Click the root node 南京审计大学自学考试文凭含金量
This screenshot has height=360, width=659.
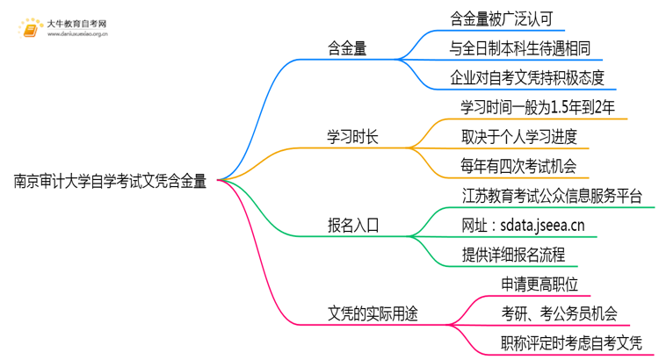(x=111, y=183)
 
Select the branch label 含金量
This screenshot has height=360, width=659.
(x=347, y=50)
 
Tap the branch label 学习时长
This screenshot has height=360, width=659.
(x=353, y=137)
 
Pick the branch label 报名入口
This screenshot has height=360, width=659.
(x=353, y=225)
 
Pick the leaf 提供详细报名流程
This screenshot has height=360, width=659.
(x=512, y=254)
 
